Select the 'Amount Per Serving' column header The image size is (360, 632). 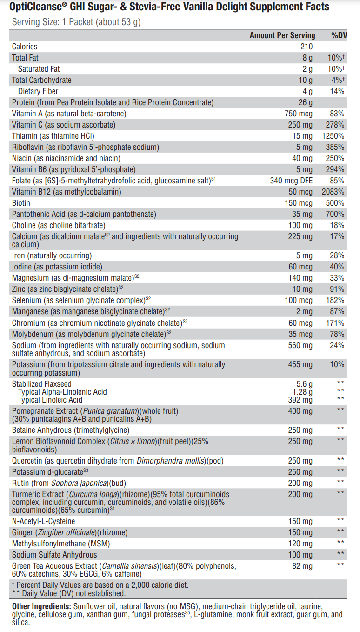tap(282, 35)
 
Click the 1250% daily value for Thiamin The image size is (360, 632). tap(333, 136)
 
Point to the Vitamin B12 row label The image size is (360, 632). tap(67, 192)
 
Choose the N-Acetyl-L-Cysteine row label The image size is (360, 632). tap(44, 521)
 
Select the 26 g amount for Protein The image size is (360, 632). tap(306, 102)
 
